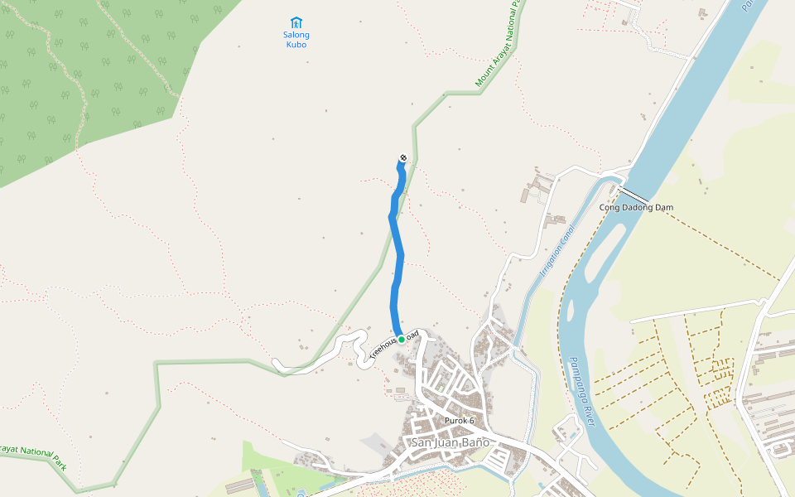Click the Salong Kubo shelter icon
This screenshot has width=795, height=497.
(296, 22)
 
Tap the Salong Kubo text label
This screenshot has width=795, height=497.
(296, 40)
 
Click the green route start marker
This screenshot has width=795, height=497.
(402, 339)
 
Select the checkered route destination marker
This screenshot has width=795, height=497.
(403, 158)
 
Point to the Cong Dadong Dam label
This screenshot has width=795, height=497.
(636, 207)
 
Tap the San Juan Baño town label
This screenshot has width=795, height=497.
(451, 442)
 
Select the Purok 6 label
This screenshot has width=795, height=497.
(460, 421)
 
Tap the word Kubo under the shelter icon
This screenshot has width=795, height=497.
(296, 45)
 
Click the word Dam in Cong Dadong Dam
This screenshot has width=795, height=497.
(663, 207)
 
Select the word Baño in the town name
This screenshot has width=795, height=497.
(475, 442)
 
